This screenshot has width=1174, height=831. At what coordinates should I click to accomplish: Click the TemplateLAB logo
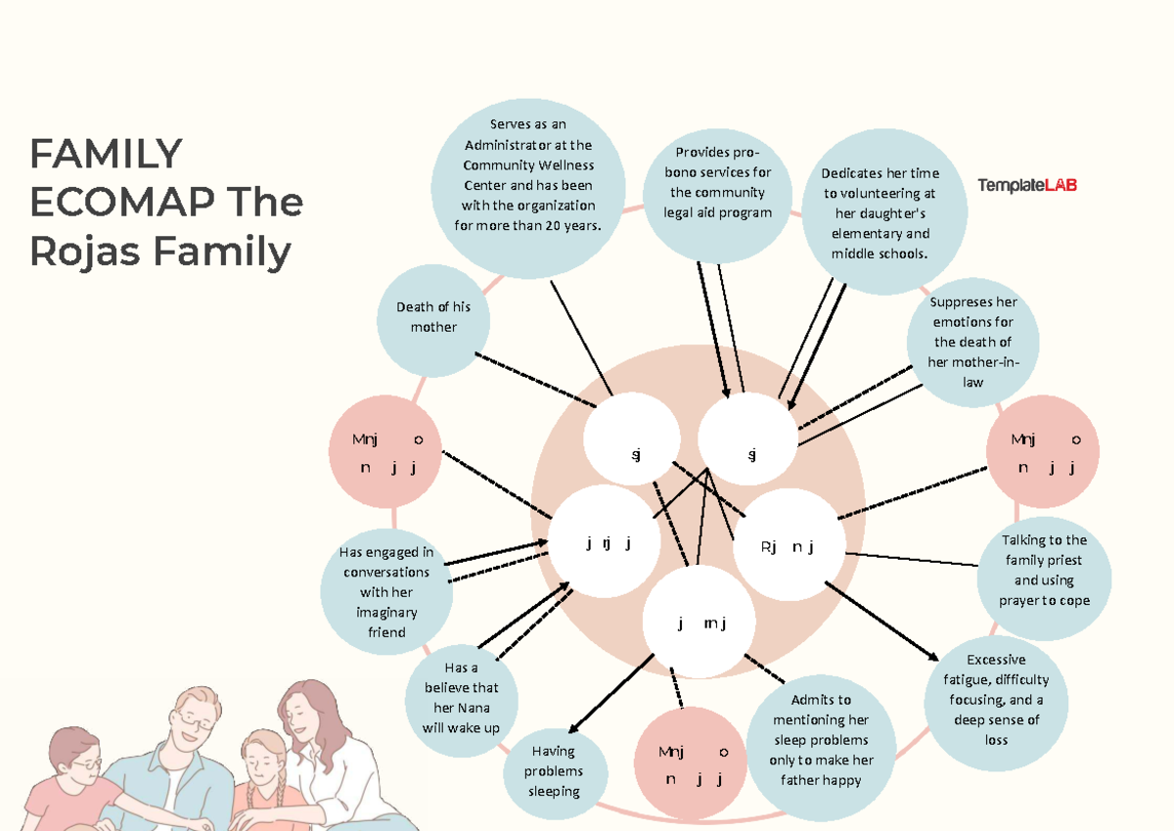pyautogui.click(x=1026, y=185)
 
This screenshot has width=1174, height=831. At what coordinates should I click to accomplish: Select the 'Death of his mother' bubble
pyautogui.click(x=433, y=317)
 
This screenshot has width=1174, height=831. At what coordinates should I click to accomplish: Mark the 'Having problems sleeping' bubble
pyautogui.click(x=554, y=771)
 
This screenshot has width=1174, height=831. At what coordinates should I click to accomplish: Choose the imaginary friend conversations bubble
pyautogui.click(x=386, y=592)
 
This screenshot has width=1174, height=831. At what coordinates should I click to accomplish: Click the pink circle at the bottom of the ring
pyautogui.click(x=694, y=764)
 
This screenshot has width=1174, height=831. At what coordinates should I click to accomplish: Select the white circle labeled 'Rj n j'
pyautogui.click(x=788, y=547)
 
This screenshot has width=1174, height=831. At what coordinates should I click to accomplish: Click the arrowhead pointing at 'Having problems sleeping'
pyautogui.click(x=573, y=727)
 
